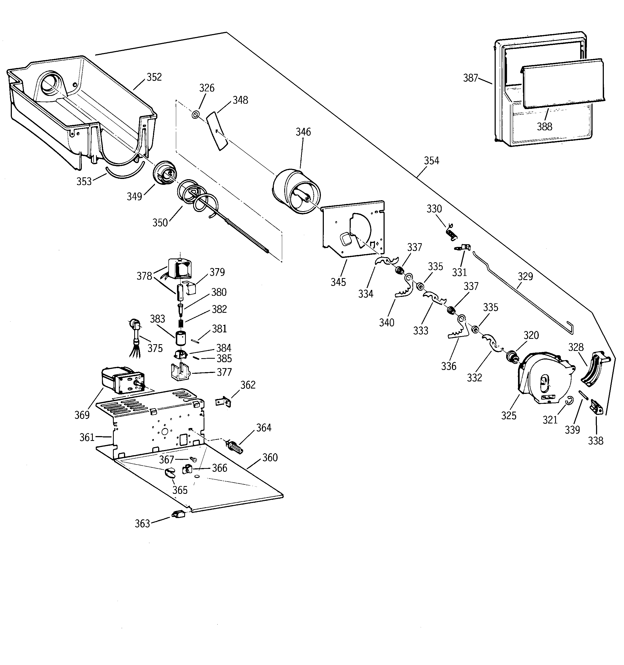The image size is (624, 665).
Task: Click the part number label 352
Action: (154, 77)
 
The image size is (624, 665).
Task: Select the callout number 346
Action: (303, 132)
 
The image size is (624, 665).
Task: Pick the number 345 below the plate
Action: (338, 282)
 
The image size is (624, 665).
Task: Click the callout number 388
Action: (545, 127)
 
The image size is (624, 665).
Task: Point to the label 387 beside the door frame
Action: (470, 78)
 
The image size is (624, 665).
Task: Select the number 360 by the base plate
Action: (270, 458)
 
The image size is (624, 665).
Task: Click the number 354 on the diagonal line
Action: (431, 161)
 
